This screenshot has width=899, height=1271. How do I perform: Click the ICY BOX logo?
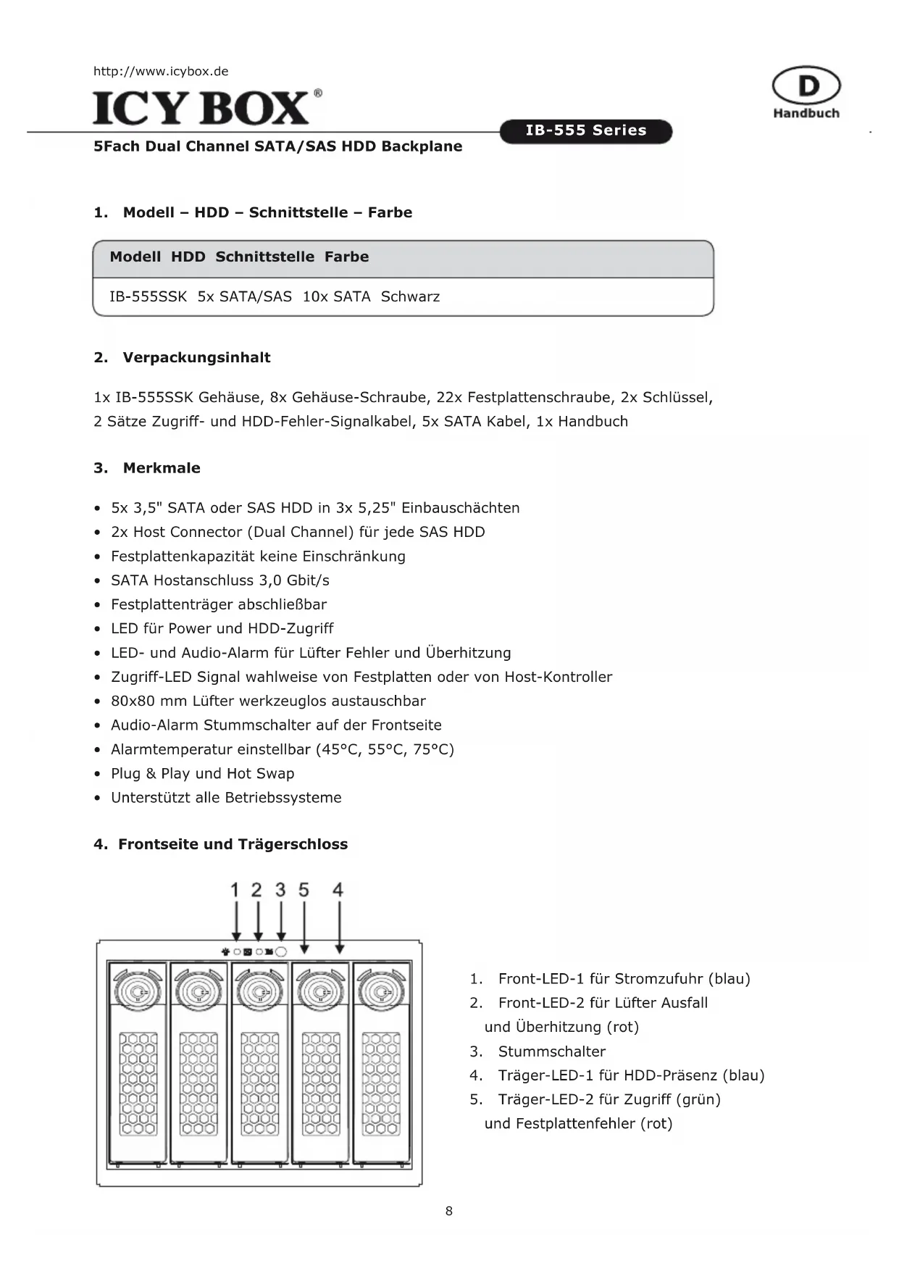(x=207, y=107)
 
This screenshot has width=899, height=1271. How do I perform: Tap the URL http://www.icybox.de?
(x=161, y=71)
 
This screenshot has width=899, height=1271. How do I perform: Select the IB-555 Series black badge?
(x=586, y=131)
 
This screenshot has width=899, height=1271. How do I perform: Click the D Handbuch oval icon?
(x=806, y=86)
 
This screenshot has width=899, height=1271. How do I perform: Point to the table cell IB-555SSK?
(x=148, y=296)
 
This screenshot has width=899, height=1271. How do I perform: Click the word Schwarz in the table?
(x=410, y=296)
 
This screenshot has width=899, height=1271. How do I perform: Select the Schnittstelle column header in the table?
(x=264, y=257)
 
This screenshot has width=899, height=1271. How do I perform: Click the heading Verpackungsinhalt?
(x=196, y=357)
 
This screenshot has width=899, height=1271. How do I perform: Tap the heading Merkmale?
(x=162, y=468)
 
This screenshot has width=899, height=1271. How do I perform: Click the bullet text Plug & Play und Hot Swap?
(x=202, y=773)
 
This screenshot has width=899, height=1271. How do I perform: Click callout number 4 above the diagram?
(x=338, y=890)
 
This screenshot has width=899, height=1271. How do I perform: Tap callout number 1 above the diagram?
(x=235, y=890)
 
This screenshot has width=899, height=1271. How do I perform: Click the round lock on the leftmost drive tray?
(x=137, y=989)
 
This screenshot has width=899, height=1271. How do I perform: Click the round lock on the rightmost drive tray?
(x=380, y=989)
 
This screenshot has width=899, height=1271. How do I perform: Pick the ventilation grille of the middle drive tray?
(x=259, y=1083)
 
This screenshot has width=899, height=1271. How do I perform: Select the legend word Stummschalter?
(x=551, y=1051)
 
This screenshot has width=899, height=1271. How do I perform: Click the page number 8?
(x=449, y=1211)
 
